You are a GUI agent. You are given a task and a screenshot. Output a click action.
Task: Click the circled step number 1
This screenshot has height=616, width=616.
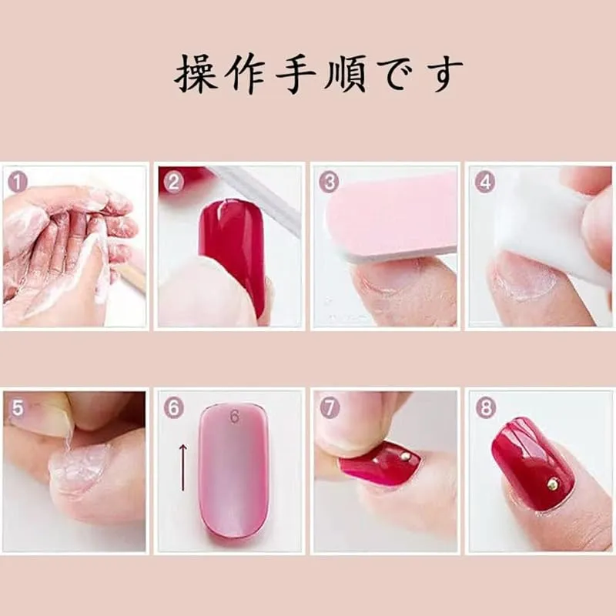click(18, 182)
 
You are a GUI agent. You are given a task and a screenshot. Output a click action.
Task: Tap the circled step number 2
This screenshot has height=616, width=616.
click(174, 182)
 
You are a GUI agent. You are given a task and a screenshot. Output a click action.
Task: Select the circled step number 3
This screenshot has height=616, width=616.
click(330, 182)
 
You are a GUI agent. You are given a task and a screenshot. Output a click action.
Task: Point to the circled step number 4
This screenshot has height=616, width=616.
click(485, 182)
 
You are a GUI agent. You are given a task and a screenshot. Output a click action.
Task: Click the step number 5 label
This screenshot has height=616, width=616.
click(17, 408)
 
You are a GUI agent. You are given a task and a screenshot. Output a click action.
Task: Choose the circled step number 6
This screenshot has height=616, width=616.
click(174, 408)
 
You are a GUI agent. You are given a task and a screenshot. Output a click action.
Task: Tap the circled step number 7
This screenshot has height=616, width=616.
click(330, 408)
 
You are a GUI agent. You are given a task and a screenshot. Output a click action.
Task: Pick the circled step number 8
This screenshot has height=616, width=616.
click(485, 408)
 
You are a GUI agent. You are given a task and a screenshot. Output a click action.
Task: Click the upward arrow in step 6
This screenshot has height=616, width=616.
click(182, 467)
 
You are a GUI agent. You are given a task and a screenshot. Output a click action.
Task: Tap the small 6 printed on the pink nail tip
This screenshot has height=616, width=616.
click(235, 417)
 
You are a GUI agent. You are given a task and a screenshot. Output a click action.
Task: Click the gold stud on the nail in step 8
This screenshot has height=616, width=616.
click(553, 484)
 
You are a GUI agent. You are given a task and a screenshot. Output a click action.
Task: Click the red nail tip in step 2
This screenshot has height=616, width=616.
click(232, 252)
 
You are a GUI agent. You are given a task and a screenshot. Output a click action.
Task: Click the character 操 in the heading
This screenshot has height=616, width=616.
click(196, 74)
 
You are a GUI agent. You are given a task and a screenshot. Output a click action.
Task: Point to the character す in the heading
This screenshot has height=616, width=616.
click(442, 75)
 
